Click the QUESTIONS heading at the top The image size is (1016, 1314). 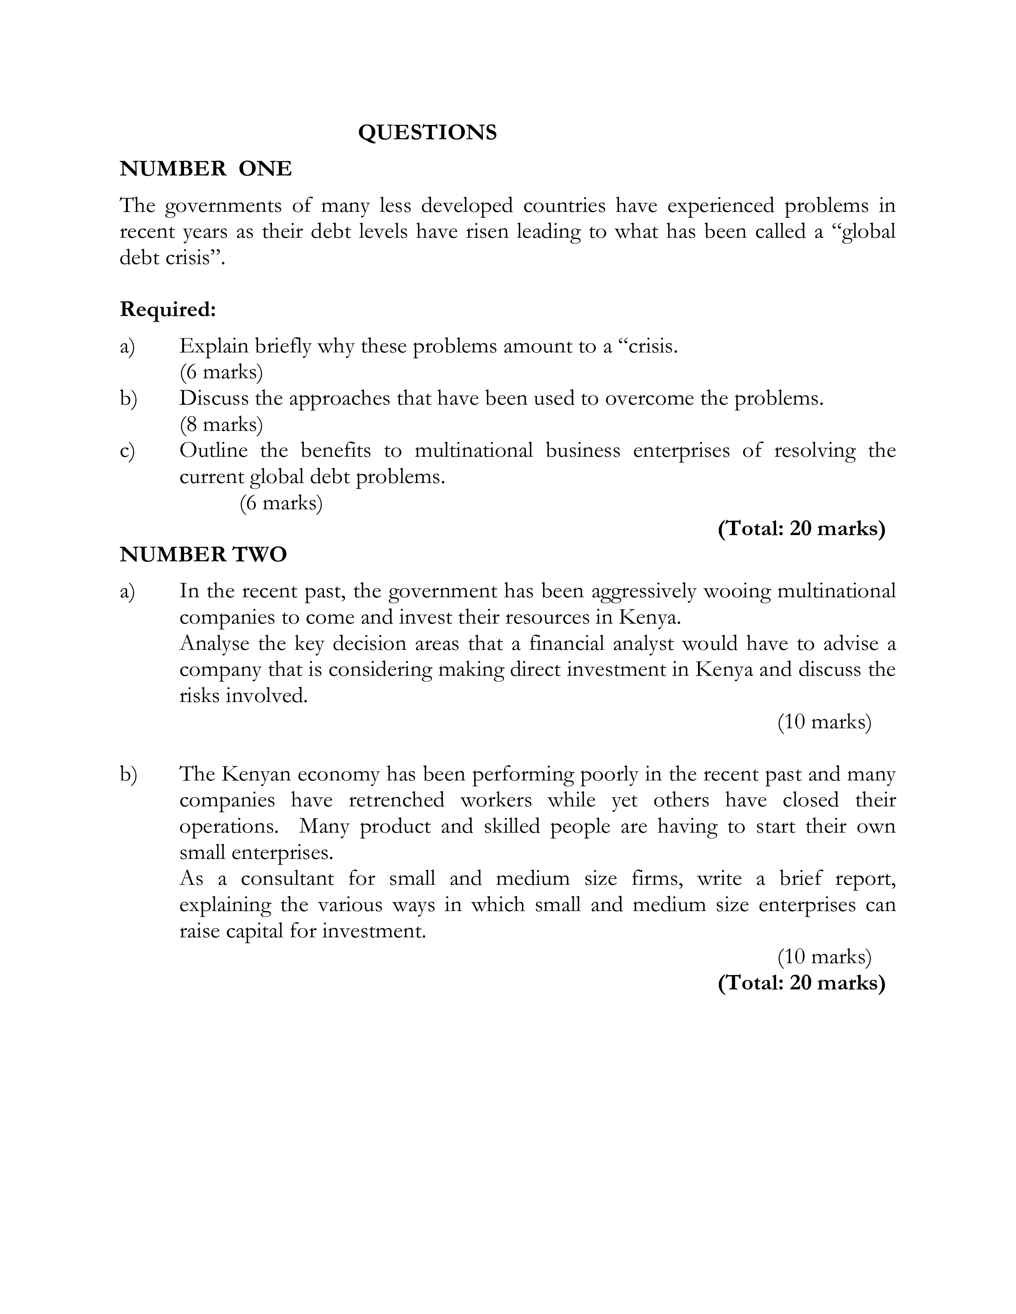click(x=428, y=132)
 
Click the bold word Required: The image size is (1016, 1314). click(x=167, y=309)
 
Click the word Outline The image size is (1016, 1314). click(x=213, y=451)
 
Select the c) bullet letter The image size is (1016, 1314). click(x=127, y=451)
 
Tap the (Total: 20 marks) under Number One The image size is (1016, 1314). click(x=801, y=529)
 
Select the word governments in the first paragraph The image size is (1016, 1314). click(x=223, y=206)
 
